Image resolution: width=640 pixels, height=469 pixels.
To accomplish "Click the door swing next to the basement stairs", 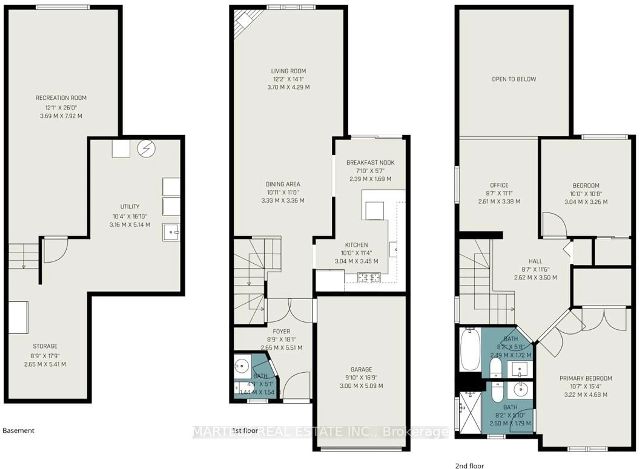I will pyautogui.click(x=55, y=250).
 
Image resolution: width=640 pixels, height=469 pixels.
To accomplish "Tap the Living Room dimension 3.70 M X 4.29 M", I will pyautogui.click(x=288, y=87).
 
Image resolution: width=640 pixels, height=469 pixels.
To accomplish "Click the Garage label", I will pyautogui.click(x=361, y=369).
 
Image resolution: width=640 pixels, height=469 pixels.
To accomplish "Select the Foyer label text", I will pyautogui.click(x=281, y=331).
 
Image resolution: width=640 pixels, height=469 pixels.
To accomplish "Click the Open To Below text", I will pyautogui.click(x=514, y=79).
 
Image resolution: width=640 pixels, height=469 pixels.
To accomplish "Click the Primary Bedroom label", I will pyautogui.click(x=585, y=378).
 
